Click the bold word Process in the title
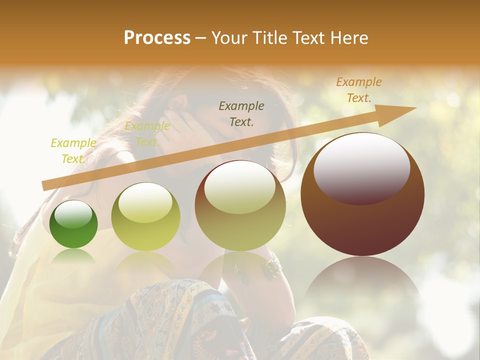157,37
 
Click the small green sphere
73,224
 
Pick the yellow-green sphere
145,217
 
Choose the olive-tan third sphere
240,206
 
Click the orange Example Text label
359,90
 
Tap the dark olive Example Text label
241,113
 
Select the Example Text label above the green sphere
73,150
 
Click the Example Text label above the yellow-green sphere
147,134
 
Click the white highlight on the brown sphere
361,167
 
